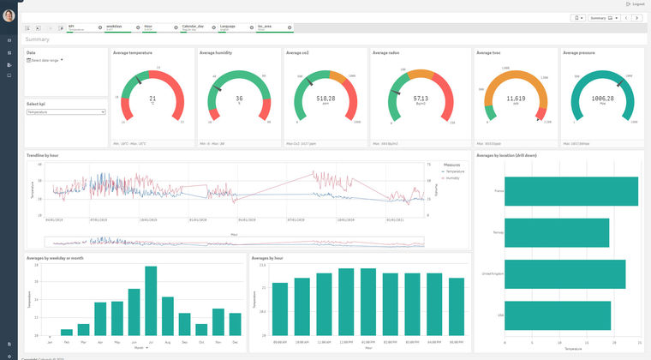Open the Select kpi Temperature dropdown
click(65, 111)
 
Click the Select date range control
click(46, 60)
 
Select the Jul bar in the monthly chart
click(151, 300)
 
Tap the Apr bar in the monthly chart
click(100, 318)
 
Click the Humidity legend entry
click(454, 178)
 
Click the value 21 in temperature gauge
click(152, 99)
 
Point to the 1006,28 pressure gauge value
click(602, 99)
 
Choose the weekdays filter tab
click(115, 27)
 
